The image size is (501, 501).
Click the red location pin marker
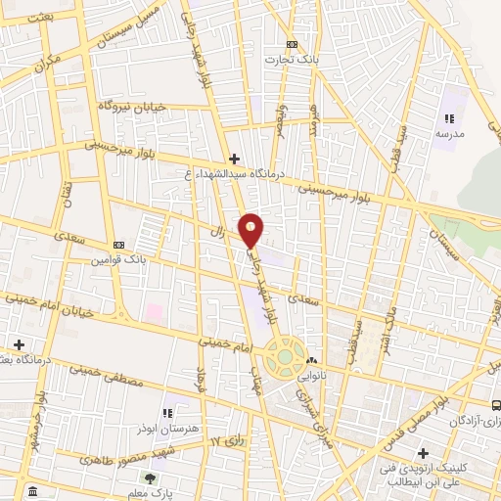pos(251,229)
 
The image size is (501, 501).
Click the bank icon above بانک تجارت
pos(293,45)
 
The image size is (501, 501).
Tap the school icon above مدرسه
pos(449,118)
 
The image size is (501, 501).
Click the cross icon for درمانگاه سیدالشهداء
pos(234,159)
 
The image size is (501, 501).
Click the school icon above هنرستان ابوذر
pos(166,412)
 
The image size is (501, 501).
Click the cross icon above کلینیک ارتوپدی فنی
pos(423,453)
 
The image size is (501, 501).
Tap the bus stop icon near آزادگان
pos(497,403)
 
